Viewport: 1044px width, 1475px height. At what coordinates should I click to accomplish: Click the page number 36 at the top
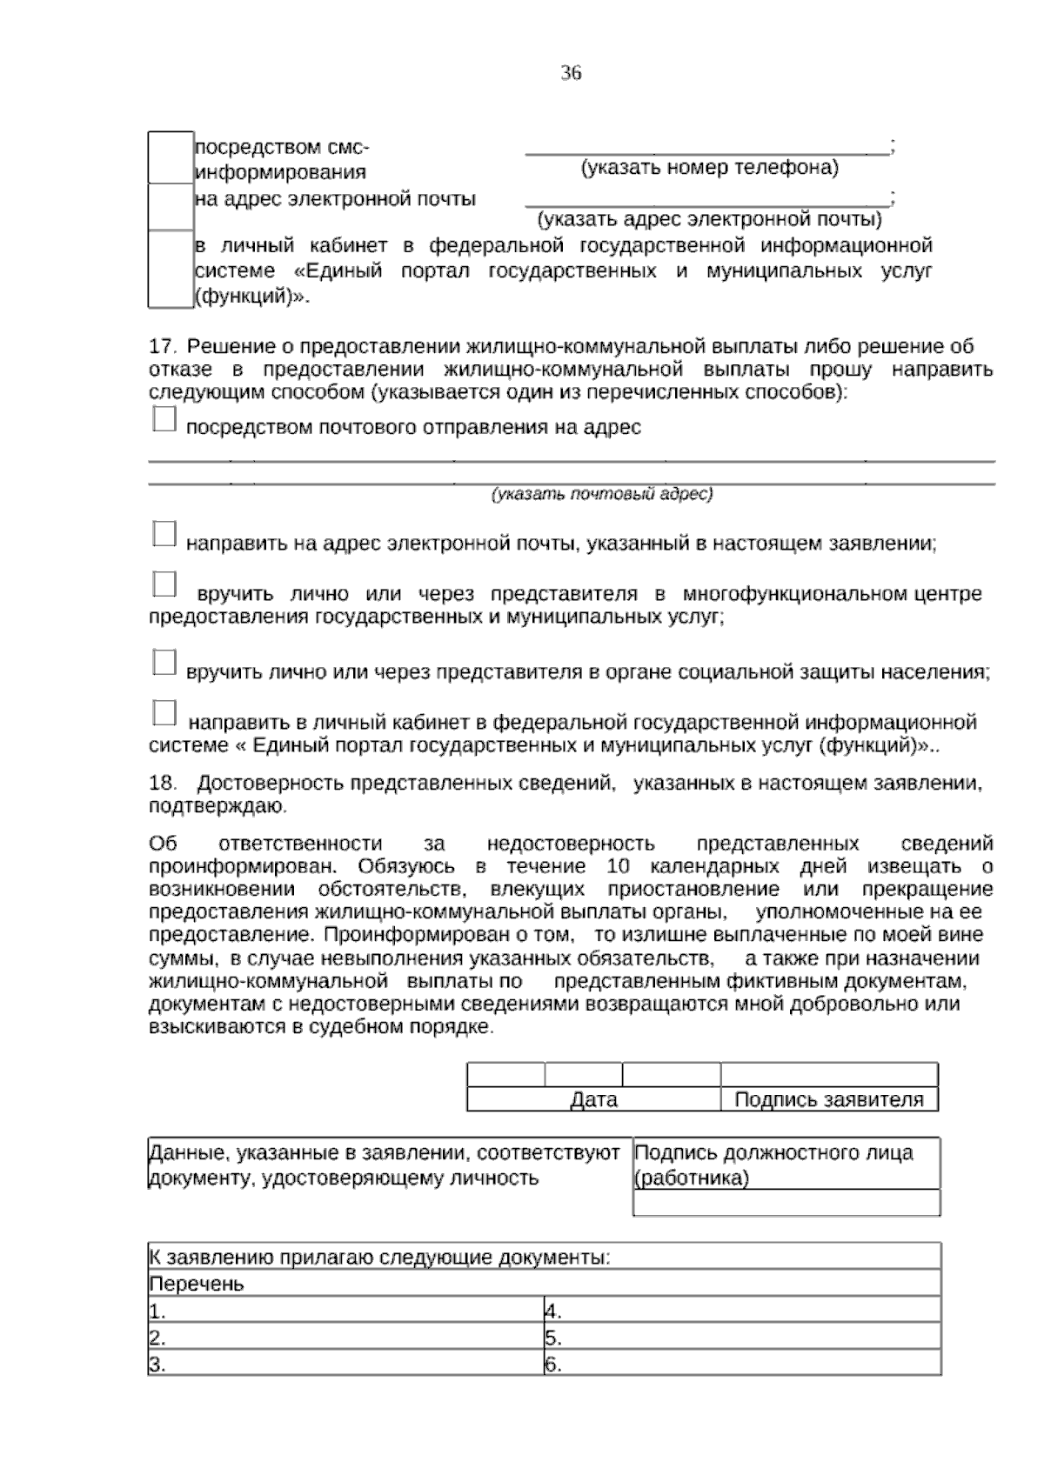point(571,73)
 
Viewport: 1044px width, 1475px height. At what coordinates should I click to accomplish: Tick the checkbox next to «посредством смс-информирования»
point(171,157)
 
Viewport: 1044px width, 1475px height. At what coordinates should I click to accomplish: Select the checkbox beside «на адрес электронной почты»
point(171,206)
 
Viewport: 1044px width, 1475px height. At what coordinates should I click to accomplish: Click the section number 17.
point(162,346)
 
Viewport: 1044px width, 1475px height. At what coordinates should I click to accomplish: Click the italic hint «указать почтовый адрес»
point(602,494)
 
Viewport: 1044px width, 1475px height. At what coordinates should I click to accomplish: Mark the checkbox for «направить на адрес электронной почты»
point(164,534)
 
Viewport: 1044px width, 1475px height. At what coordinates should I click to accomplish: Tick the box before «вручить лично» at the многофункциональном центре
point(164,584)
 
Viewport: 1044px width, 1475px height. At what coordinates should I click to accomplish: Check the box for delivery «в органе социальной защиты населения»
point(164,662)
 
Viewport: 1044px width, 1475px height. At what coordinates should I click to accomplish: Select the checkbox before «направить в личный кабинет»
point(164,712)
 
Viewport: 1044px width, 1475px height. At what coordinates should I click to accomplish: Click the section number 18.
point(162,783)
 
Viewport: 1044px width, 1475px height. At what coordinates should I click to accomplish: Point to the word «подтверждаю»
point(217,806)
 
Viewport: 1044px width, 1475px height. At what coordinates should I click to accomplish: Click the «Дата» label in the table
point(593,1100)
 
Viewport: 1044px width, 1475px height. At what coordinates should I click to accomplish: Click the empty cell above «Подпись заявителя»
point(829,1075)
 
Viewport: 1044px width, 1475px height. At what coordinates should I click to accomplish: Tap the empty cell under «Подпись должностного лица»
point(786,1203)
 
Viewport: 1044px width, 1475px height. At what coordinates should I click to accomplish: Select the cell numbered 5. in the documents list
point(741,1338)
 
